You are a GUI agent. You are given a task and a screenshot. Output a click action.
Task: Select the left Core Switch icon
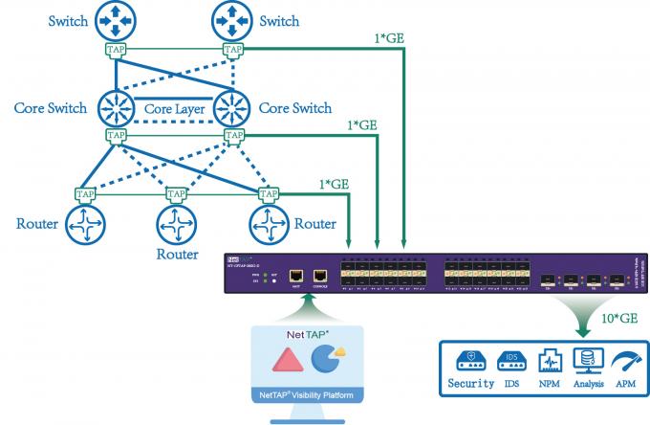pos(116,107)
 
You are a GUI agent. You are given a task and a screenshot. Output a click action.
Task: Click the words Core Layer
pos(174,109)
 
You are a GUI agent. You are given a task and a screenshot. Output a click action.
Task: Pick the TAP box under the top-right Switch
pos(232,50)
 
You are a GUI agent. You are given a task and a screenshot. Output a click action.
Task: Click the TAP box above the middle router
pos(175,193)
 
